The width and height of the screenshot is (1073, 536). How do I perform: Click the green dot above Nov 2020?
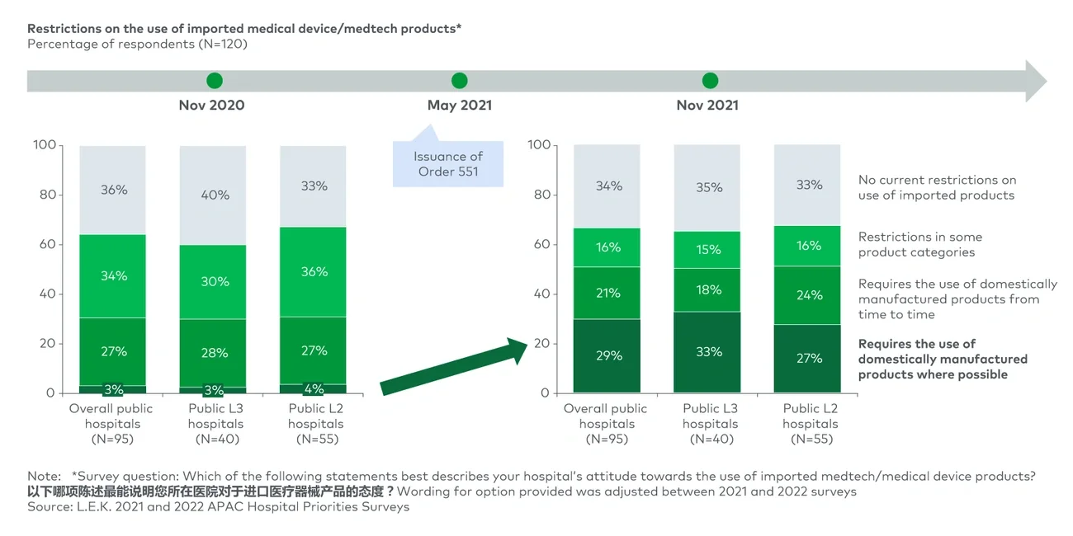[215, 81]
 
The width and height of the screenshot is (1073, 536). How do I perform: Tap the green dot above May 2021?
[460, 81]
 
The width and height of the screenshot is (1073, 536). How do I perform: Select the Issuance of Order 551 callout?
[448, 164]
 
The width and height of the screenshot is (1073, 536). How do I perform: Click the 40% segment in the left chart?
[214, 195]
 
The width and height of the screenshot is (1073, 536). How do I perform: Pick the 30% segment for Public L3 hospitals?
[214, 281]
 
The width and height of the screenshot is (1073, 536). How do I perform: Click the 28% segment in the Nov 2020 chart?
[214, 353]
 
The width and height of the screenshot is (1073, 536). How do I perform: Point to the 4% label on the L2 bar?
[314, 388]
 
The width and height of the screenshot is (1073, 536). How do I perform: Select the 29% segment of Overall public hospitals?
[607, 356]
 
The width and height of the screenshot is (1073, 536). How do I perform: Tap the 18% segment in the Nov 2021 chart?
[707, 289]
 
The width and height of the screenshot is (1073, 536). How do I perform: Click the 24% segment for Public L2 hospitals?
[808, 295]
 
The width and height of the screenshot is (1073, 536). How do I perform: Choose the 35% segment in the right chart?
[707, 187]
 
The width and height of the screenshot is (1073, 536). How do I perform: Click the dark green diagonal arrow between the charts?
[454, 367]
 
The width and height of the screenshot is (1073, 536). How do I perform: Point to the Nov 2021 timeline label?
[707, 105]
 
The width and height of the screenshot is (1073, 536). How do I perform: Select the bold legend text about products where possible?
[942, 359]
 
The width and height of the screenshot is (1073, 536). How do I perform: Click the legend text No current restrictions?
[937, 187]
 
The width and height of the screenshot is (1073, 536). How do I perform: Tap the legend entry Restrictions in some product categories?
[919, 244]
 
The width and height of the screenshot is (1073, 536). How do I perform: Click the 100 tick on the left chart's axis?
[45, 145]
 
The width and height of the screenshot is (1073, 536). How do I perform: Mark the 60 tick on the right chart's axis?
[541, 244]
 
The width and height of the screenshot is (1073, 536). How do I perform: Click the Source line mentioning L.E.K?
[218, 506]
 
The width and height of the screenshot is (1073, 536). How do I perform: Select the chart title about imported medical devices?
[244, 29]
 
